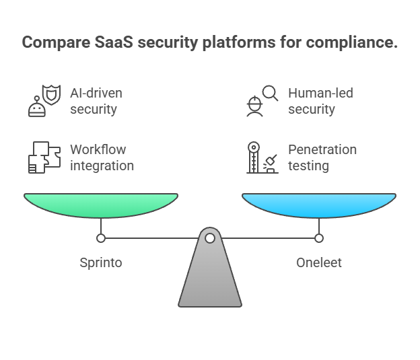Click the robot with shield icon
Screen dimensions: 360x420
(x=43, y=101)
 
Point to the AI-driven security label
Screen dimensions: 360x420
(x=96, y=101)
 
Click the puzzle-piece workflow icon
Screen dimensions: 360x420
(x=43, y=157)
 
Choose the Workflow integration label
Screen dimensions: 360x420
(x=101, y=157)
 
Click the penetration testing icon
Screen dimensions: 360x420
(x=261, y=157)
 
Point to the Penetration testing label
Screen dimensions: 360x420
(x=322, y=157)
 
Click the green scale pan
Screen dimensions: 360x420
(x=101, y=204)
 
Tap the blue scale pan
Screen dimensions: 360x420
(x=319, y=204)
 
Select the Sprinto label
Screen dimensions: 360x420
(x=101, y=262)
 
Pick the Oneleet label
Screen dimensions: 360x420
(x=319, y=262)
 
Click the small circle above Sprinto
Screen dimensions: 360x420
(x=101, y=238)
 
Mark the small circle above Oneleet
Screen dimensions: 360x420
(x=319, y=238)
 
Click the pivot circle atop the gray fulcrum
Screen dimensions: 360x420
(x=210, y=238)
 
